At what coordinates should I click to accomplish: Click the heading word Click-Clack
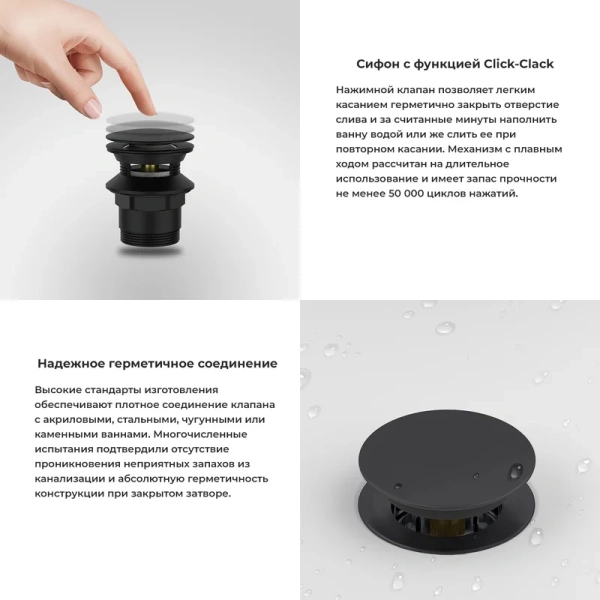point(518,64)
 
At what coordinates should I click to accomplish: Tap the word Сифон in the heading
point(377,64)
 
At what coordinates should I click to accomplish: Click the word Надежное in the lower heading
point(71,364)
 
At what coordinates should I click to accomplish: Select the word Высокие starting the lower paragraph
point(59,389)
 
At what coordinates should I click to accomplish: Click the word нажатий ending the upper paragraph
point(496,193)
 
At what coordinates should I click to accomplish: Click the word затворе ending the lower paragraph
point(205,494)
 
